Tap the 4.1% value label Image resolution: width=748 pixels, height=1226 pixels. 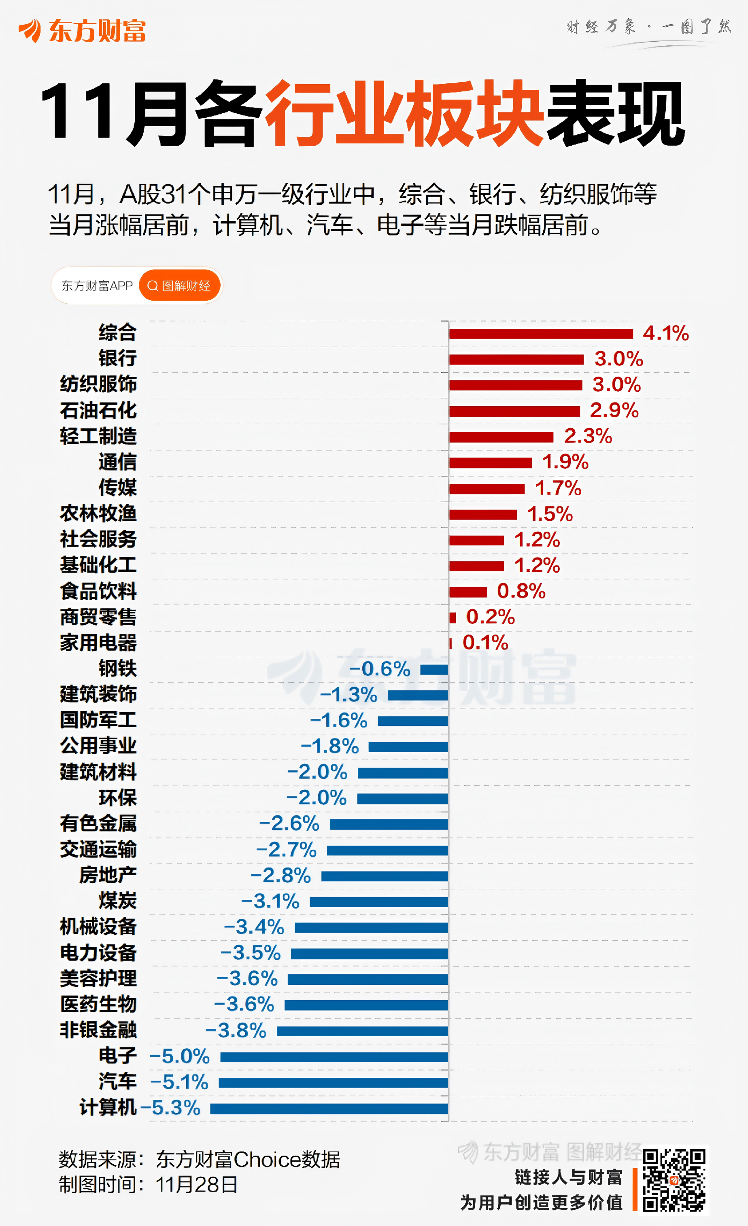point(665,333)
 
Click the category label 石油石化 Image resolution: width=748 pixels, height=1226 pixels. point(98,411)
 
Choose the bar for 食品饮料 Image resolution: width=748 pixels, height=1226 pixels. point(467,592)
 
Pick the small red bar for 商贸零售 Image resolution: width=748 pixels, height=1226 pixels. point(453,617)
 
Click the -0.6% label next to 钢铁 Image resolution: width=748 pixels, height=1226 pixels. point(380,669)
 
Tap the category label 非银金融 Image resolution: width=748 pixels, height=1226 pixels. point(98,1029)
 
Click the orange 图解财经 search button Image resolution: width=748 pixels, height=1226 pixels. point(180,286)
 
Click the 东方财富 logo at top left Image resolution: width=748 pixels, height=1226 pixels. point(82,31)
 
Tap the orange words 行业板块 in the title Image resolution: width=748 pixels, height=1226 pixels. point(403,113)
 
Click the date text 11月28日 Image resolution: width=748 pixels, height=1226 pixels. point(197,1185)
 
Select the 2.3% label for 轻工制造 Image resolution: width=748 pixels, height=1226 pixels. point(588,436)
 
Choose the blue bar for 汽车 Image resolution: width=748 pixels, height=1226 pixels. point(333,1083)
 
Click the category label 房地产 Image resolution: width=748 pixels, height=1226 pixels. point(108,875)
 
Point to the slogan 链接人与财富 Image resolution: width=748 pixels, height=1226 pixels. point(568,1177)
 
